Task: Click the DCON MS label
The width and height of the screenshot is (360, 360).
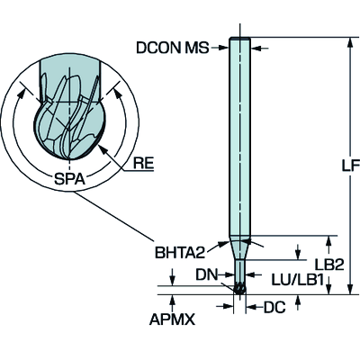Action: coord(173,48)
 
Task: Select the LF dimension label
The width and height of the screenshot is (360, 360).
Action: coord(351,166)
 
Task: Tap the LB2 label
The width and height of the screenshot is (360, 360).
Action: coord(328,265)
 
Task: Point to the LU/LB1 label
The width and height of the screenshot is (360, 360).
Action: coord(297,280)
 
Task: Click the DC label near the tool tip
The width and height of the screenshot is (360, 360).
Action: coord(274,307)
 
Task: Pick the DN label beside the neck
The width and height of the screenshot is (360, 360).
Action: coord(207,274)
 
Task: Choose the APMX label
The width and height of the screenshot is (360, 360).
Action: coord(172,319)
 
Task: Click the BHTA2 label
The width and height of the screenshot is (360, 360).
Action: coord(180,253)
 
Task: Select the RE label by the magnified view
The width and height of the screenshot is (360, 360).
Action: coord(143,164)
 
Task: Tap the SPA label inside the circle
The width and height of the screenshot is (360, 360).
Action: coord(69,179)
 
